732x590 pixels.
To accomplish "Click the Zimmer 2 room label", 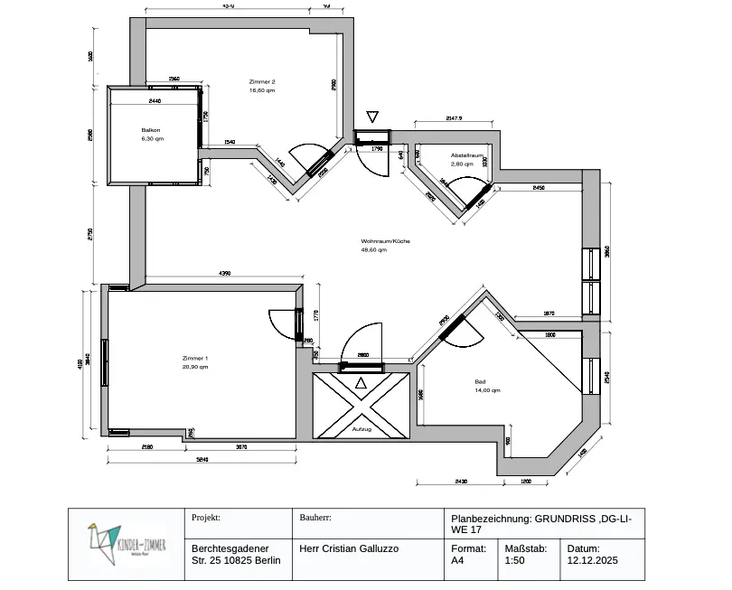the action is [x=262, y=82].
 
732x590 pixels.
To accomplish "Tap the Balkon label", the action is [x=151, y=130].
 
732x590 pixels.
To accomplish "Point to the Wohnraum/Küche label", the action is [x=386, y=241].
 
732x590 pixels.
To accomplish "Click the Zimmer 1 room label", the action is [x=194, y=359].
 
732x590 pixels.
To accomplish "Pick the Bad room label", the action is [x=480, y=382].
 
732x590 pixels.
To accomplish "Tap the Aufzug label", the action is [x=361, y=428].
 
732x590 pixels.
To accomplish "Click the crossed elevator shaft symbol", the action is [x=361, y=405].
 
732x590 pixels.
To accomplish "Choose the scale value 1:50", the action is [x=514, y=560].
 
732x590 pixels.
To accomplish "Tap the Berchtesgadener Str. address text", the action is [x=236, y=554].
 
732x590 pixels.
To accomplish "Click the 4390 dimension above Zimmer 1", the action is [x=225, y=274].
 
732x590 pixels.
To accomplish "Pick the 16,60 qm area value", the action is [x=262, y=90].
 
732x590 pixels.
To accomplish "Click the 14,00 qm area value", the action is [x=488, y=390].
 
